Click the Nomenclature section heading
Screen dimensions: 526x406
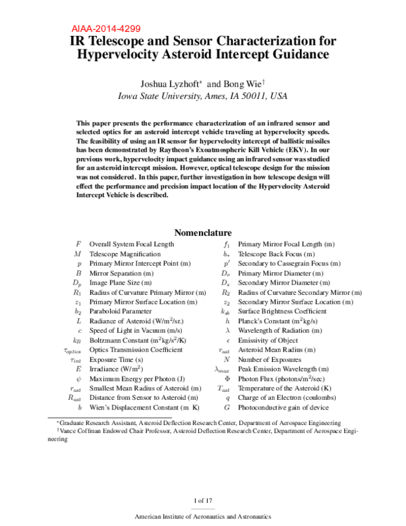tap(202, 232)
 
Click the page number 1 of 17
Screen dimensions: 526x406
tap(203, 500)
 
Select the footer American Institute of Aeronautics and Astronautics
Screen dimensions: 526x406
tap(202, 517)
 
